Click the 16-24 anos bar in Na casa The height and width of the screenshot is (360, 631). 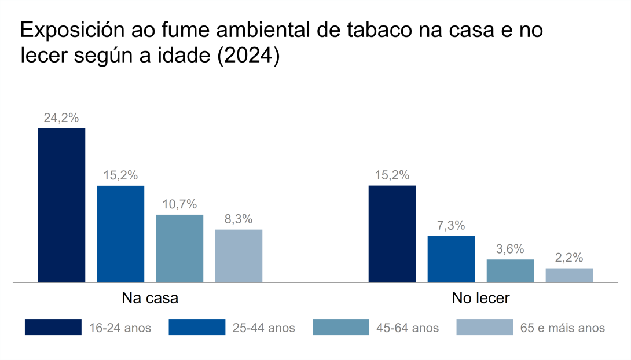coord(61,205)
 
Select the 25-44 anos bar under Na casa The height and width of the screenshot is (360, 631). coord(120,234)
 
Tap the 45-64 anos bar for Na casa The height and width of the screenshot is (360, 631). coord(179,248)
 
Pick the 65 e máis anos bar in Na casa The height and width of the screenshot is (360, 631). coord(239,256)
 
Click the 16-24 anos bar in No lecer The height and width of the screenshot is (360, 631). coord(392,234)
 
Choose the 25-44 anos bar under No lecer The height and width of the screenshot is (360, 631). coord(451,259)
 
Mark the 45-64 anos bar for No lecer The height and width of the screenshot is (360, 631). coord(510,271)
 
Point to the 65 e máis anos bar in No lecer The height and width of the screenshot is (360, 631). coord(569,275)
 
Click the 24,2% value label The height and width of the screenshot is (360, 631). coord(61,118)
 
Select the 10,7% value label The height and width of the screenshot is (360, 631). coord(179,204)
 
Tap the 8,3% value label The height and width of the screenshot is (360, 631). coord(239,219)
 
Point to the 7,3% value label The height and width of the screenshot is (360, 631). coord(451,226)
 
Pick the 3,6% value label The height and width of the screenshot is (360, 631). coord(510,249)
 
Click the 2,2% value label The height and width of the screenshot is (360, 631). coord(569,258)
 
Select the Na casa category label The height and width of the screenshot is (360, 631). coord(150,299)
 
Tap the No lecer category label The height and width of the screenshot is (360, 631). coord(480,299)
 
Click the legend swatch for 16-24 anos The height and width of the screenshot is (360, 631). coord(53,328)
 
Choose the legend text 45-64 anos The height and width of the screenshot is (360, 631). coord(408,328)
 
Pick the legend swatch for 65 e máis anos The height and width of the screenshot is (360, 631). coord(485,328)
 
